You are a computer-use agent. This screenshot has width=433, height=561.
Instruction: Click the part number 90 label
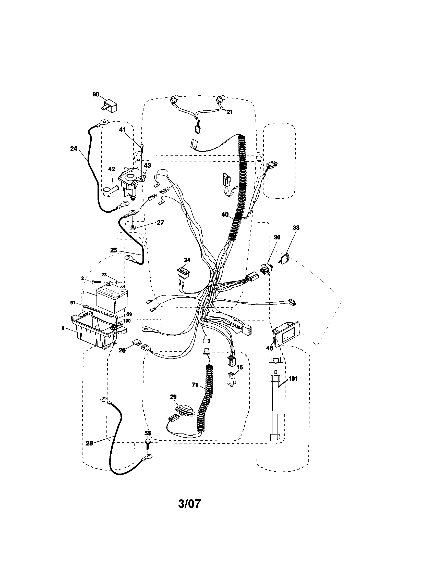(x=96, y=95)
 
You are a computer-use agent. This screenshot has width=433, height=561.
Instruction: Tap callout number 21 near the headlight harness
(x=230, y=112)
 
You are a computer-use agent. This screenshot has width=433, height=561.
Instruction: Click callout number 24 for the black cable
(x=74, y=148)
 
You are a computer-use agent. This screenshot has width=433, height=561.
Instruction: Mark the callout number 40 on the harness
(x=225, y=214)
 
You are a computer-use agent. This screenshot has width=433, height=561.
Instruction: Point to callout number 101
(x=293, y=379)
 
